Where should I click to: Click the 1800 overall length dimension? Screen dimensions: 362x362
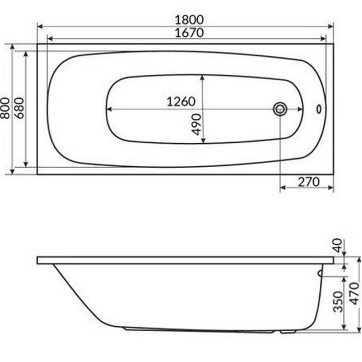pyautogui.click(x=189, y=20)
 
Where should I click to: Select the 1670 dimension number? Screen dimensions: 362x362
pyautogui.click(x=189, y=32)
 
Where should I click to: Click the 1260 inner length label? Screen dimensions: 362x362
pyautogui.click(x=181, y=102)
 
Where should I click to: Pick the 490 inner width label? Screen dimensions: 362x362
pyautogui.click(x=197, y=124)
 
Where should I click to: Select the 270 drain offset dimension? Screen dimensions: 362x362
pyautogui.click(x=309, y=182)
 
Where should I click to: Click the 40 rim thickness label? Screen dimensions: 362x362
pyautogui.click(x=337, y=245)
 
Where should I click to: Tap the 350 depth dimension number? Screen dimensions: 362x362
pyautogui.click(x=338, y=302)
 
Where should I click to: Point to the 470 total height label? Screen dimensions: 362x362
pyautogui.click(x=355, y=294)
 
